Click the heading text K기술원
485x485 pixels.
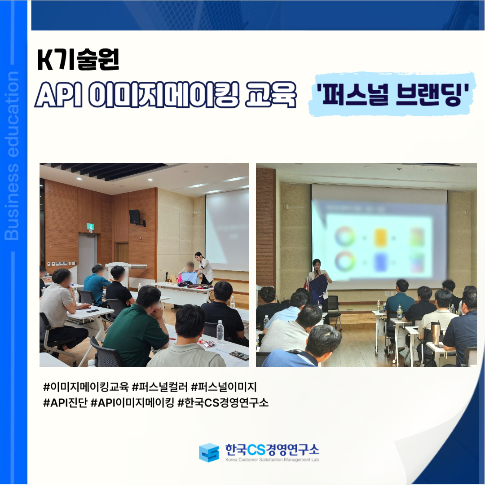(78, 60)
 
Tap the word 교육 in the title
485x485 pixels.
(270, 94)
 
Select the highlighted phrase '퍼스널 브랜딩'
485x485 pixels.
(392, 94)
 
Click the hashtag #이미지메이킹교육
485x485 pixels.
(86, 387)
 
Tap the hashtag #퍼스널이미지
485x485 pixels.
(224, 387)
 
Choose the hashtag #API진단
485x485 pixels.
(65, 403)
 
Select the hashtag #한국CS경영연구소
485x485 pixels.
(223, 403)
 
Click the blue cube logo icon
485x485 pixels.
(209, 452)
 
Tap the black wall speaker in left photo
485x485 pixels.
(135, 216)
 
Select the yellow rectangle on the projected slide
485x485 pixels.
(380, 238)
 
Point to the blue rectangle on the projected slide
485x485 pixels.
(380, 262)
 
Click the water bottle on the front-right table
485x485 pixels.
(220, 331)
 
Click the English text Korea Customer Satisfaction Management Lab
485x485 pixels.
(272, 460)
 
